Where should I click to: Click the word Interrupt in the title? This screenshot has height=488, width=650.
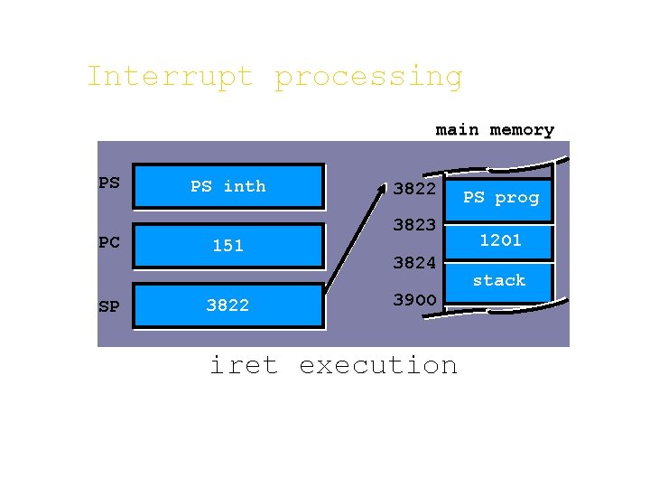click(x=170, y=77)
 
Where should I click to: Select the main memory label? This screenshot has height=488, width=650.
click(x=495, y=130)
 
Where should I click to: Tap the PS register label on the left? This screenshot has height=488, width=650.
click(x=108, y=183)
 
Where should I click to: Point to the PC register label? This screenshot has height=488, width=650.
click(x=108, y=243)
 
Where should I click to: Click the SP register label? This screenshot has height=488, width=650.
click(x=108, y=306)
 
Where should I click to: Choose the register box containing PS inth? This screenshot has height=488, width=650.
click(x=227, y=187)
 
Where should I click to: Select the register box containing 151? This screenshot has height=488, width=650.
click(x=227, y=246)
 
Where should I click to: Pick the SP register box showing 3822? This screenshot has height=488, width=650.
click(x=227, y=305)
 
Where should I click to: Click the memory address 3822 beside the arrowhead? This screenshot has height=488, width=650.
click(x=415, y=190)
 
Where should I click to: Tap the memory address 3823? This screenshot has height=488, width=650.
click(x=414, y=225)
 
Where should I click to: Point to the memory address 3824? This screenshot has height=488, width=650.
click(x=414, y=264)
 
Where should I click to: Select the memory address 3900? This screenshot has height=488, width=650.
click(x=414, y=299)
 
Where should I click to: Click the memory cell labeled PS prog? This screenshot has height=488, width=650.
click(x=501, y=198)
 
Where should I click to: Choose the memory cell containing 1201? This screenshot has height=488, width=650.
click(x=500, y=240)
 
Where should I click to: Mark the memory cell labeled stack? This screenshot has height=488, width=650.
click(x=499, y=281)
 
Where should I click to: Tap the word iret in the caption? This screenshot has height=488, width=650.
click(x=244, y=365)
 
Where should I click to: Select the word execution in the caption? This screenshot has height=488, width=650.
click(x=377, y=365)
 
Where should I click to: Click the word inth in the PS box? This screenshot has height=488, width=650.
click(x=245, y=186)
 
